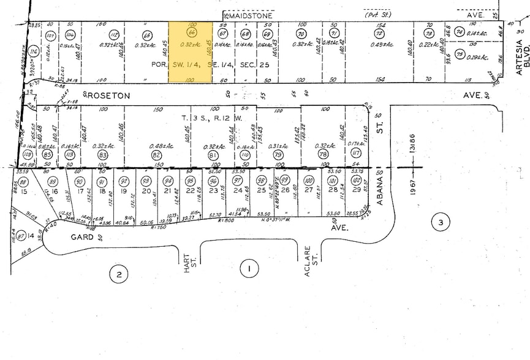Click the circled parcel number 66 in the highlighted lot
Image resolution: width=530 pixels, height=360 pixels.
pyautogui.click(x=192, y=33)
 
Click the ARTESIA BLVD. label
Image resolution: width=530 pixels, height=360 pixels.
pyautogui.click(x=521, y=58)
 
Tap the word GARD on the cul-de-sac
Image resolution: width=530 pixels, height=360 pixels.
pyautogui.click(x=81, y=237)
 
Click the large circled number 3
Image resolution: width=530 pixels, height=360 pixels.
pyautogui.click(x=440, y=223)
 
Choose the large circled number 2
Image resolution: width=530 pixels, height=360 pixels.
pyautogui.click(x=118, y=275)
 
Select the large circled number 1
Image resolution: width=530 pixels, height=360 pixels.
pyautogui.click(x=249, y=268)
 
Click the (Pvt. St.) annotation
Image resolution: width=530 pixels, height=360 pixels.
pyautogui.click(x=372, y=14)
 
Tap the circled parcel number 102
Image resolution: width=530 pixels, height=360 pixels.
pyautogui.click(x=356, y=181)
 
